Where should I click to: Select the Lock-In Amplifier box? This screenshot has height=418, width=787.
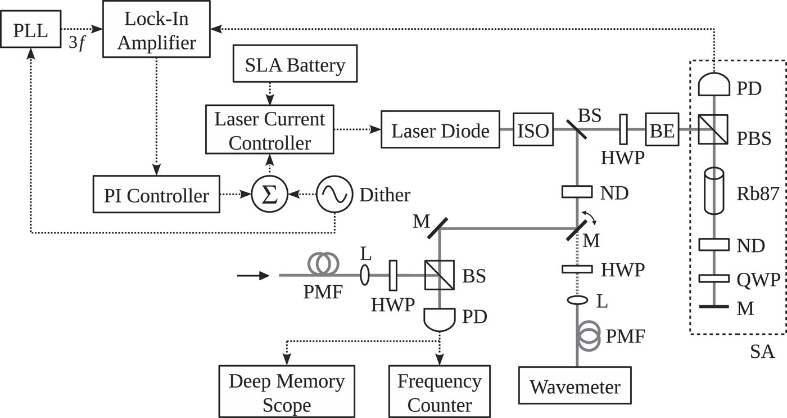click(x=157, y=29)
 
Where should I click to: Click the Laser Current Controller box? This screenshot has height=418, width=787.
click(x=269, y=131)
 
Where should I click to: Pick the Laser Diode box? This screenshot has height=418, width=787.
click(x=440, y=131)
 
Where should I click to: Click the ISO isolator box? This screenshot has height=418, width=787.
click(x=532, y=131)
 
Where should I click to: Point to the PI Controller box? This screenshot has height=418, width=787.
click(x=156, y=196)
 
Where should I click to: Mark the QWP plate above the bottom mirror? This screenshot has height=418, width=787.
click(x=713, y=278)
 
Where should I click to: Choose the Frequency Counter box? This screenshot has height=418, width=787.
click(x=439, y=392)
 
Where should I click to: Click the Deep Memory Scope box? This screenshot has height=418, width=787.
click(x=287, y=392)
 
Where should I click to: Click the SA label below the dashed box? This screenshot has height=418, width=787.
click(x=762, y=352)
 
